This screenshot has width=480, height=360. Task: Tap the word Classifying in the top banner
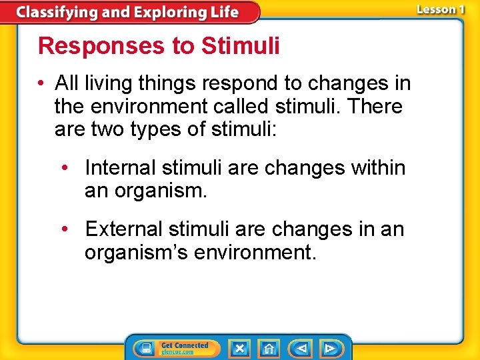[x=55, y=12]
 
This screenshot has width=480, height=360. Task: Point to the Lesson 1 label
[x=441, y=9]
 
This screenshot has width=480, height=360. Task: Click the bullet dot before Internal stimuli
[x=66, y=167]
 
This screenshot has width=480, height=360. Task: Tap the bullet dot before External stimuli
[x=66, y=229]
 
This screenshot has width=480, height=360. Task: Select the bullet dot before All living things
[x=42, y=83]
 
